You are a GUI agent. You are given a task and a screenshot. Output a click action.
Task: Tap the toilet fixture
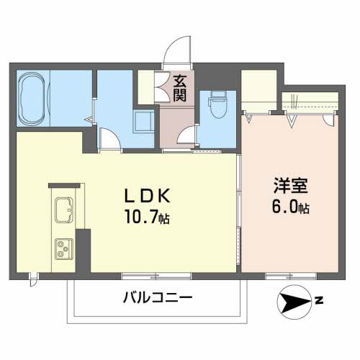(218, 105)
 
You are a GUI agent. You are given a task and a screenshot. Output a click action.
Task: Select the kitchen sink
(64, 210)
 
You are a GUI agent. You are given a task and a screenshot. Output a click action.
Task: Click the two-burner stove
(64, 249)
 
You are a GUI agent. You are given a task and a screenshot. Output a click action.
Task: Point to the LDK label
(147, 196)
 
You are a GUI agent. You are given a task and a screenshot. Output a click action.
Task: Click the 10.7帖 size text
(147, 217)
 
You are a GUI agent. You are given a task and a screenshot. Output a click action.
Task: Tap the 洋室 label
(291, 185)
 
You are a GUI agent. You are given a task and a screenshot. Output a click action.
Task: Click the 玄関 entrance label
(180, 88)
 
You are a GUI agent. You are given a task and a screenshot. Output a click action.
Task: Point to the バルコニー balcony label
(158, 298)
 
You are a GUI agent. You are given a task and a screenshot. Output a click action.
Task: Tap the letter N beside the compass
(319, 300)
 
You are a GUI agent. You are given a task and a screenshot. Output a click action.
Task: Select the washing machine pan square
(143, 121)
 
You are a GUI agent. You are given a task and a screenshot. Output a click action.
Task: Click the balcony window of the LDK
(156, 276)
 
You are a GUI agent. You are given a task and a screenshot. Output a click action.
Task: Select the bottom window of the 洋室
(291, 276)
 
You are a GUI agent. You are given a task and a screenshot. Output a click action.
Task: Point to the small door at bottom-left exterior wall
(34, 279)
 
